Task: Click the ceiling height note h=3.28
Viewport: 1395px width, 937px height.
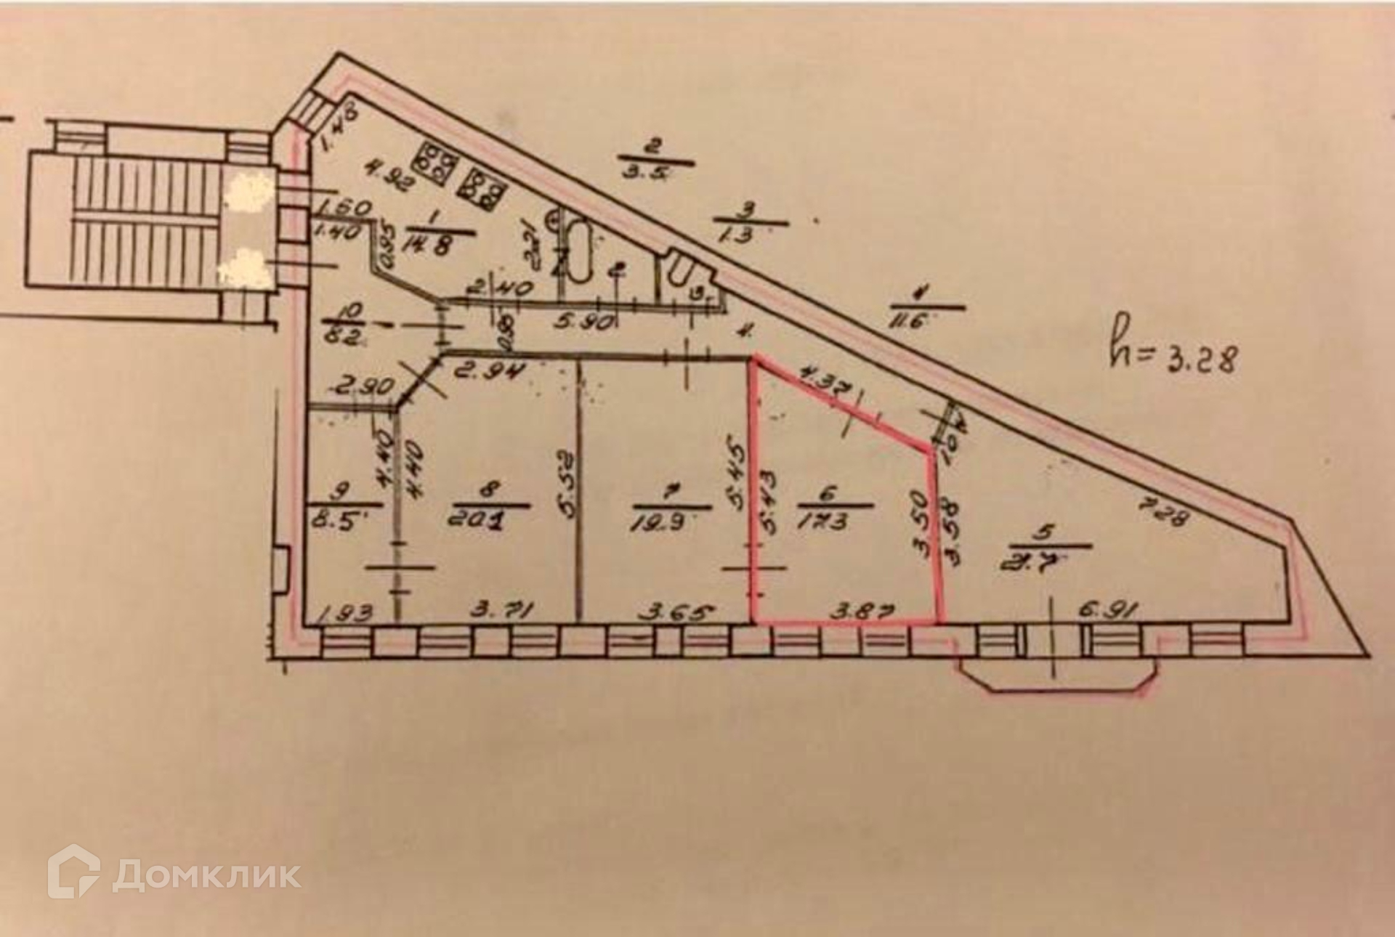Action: [1171, 357]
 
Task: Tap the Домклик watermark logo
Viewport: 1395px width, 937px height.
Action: [175, 875]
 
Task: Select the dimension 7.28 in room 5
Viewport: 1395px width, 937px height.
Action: [1163, 518]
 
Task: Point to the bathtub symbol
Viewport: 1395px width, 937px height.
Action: [579, 251]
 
